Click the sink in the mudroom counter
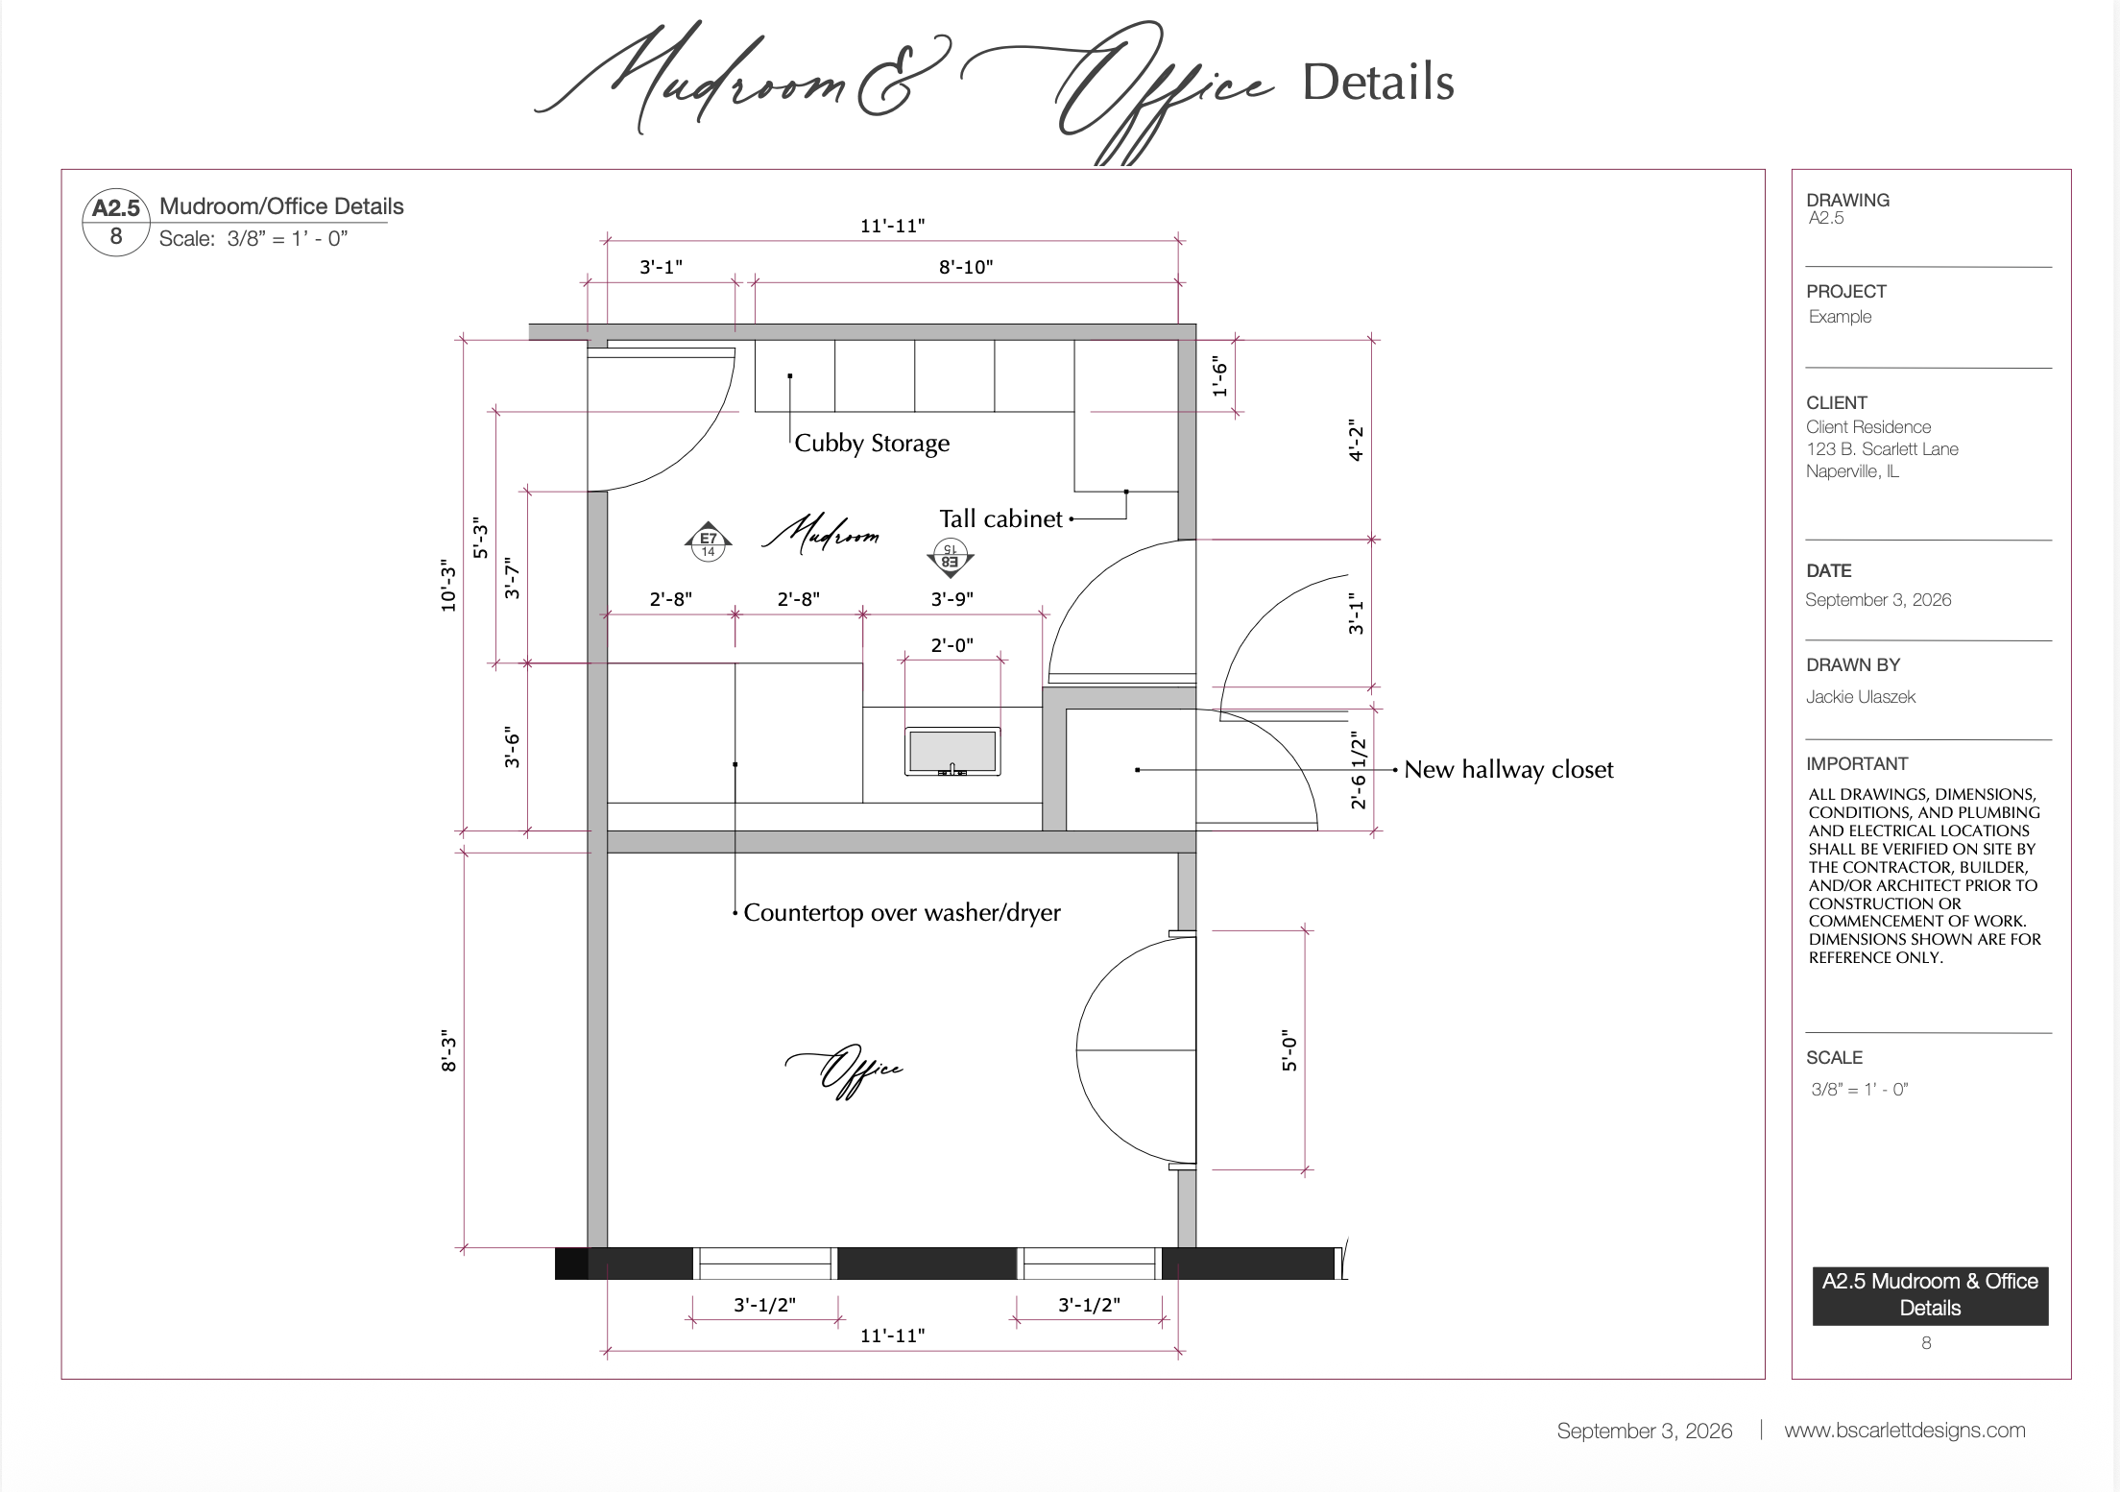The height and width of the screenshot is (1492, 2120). coord(952,751)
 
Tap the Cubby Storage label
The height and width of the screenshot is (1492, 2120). coord(872,444)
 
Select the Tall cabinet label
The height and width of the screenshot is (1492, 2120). coord(1000,518)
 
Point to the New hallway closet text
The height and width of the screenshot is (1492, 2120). coord(1508,769)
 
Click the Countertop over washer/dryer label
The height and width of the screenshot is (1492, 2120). coord(902,912)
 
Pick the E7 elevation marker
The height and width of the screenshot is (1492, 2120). coord(709,542)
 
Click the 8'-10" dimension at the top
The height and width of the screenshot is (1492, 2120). coord(966,267)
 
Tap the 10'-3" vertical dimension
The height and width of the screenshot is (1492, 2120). coord(448,586)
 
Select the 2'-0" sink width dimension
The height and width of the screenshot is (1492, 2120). coord(952,645)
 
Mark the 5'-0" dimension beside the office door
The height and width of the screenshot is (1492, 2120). coord(1289,1051)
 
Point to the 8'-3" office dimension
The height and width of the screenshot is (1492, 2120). coord(448,1051)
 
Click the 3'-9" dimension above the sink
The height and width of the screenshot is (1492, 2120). coord(952,599)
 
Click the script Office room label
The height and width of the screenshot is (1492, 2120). coord(845,1071)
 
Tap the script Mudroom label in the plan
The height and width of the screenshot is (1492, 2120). coord(821,534)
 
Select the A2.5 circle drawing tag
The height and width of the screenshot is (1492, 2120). coord(116,223)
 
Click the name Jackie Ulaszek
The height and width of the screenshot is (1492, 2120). coord(1861,697)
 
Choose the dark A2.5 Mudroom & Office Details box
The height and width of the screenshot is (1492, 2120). coord(1930,1295)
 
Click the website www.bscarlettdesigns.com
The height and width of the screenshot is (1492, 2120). coord(1905,1431)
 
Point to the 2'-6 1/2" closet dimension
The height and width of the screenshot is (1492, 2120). coord(1358,770)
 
